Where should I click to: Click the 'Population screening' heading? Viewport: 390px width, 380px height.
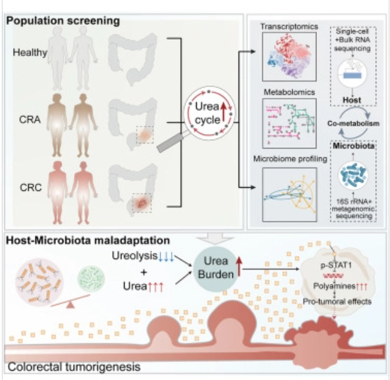[x=63, y=21]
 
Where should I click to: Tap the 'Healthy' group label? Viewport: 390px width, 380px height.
[x=30, y=52]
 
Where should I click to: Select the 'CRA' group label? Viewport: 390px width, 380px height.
[x=30, y=120]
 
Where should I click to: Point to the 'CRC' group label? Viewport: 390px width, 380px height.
[x=31, y=188]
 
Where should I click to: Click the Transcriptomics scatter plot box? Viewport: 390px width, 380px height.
[x=289, y=57]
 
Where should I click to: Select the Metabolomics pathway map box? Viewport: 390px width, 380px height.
[x=289, y=124]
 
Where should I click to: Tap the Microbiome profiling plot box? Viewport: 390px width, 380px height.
[x=290, y=195]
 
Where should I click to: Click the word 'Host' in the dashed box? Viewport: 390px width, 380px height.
[x=352, y=100]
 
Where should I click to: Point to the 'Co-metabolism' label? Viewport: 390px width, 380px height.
[x=353, y=124]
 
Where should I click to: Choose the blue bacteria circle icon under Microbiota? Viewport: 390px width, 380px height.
[x=353, y=175]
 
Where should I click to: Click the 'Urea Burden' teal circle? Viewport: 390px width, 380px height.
[x=216, y=268]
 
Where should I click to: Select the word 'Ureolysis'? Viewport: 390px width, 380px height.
[x=135, y=256]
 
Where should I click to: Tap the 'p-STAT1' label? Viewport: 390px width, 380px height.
[x=336, y=265]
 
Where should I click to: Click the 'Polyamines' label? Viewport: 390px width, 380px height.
[x=334, y=286]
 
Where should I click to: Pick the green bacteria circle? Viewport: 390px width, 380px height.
[x=92, y=278]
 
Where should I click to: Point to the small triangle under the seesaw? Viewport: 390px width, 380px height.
[x=70, y=304]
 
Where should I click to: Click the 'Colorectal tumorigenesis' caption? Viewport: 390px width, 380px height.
[x=74, y=367]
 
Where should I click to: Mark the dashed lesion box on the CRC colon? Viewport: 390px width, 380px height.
[x=142, y=203]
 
